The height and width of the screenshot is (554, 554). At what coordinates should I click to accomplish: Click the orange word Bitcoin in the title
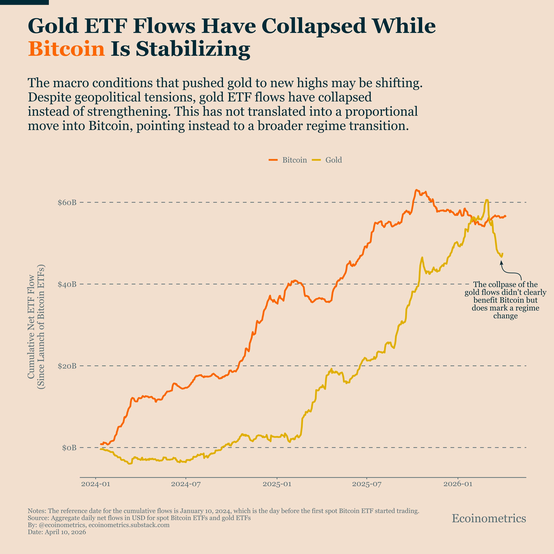(x=66, y=49)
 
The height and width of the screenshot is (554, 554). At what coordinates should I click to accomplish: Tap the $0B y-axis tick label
(x=69, y=448)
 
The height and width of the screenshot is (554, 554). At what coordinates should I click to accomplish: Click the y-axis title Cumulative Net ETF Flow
(x=31, y=327)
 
